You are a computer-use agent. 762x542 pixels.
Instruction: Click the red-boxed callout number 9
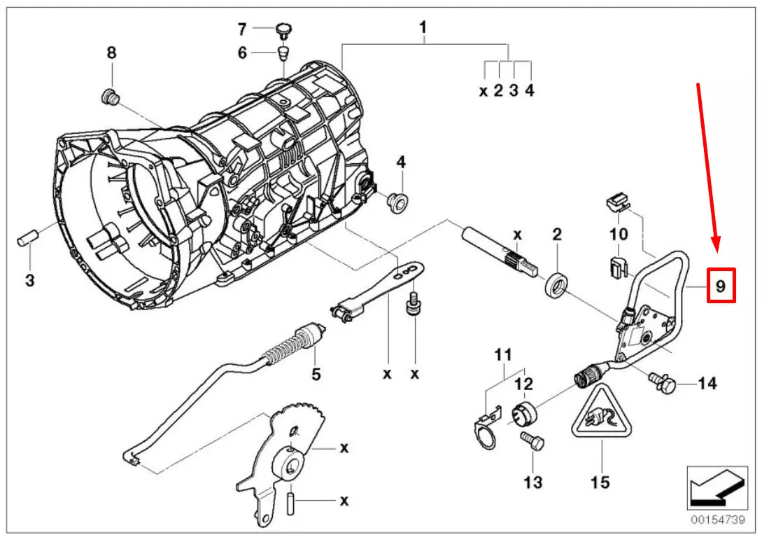tap(720, 286)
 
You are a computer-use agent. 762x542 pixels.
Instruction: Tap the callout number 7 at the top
tap(242, 29)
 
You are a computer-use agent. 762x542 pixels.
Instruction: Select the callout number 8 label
tap(111, 53)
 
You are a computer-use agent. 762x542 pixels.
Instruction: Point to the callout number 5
tap(316, 375)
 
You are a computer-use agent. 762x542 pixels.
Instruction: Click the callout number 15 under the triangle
tap(600, 482)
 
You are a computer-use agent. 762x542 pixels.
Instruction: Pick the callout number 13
tap(532, 482)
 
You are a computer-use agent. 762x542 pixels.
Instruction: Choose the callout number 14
tap(707, 383)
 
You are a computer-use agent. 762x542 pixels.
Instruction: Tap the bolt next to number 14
tap(663, 382)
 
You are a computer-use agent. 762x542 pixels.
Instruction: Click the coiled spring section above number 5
tap(288, 347)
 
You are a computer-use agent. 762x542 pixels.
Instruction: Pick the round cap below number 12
tap(524, 412)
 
